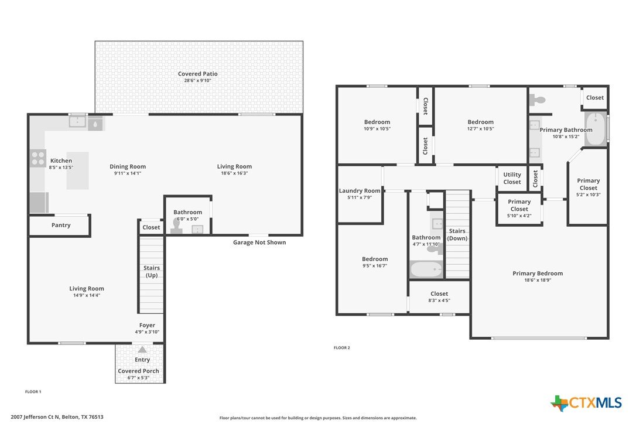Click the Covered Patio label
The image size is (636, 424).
(x=197, y=74)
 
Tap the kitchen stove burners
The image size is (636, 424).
(x=37, y=158)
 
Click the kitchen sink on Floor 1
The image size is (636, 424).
(x=77, y=122)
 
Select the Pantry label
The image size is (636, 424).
(x=61, y=225)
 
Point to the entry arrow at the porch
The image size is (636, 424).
(x=142, y=350)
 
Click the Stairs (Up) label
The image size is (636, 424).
(x=151, y=271)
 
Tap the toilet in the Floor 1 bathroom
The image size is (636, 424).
(x=177, y=226)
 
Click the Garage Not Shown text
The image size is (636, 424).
(x=259, y=242)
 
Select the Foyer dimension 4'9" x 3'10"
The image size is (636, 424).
(x=147, y=332)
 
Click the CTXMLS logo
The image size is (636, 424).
(x=586, y=403)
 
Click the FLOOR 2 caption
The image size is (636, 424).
(x=341, y=348)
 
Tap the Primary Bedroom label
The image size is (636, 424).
(x=538, y=273)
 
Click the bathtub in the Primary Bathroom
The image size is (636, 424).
(x=596, y=129)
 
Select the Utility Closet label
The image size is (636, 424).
(x=512, y=179)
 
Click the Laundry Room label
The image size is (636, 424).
(x=360, y=191)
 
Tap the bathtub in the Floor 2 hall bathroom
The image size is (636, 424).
(x=426, y=269)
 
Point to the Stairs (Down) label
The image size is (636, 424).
(x=457, y=234)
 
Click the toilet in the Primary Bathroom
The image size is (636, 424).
(x=538, y=100)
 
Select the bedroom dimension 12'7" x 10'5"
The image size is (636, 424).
(x=480, y=129)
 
